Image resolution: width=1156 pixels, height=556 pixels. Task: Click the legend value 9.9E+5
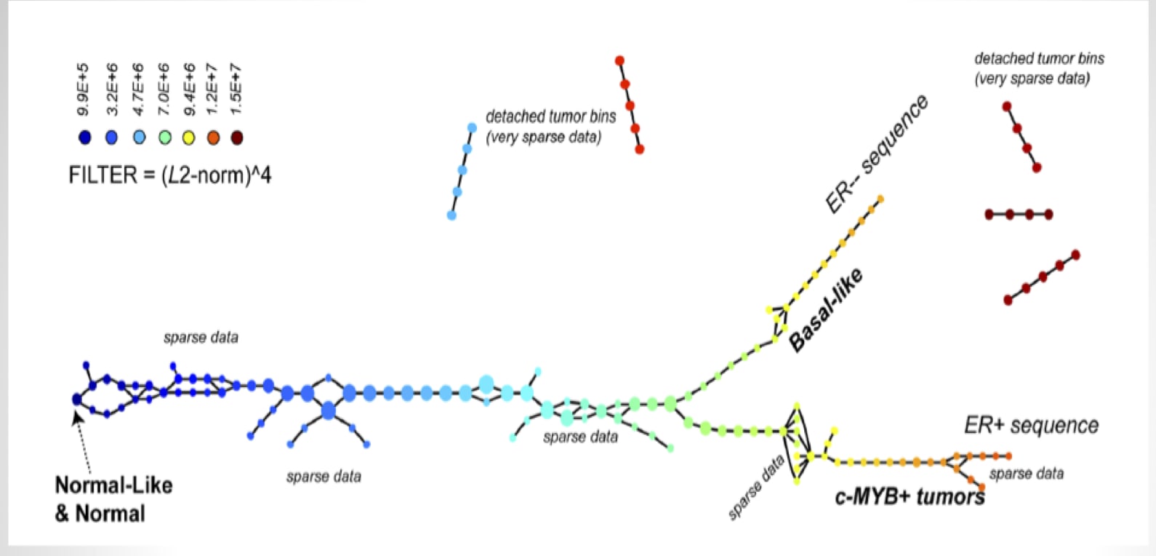84,89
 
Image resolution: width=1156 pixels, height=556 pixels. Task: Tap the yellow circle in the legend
188,138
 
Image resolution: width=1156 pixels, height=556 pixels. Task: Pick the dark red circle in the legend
236,138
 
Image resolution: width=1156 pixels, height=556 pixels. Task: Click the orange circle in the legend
213,138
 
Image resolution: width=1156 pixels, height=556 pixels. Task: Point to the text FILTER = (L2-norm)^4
170,175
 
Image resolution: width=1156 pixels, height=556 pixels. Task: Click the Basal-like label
827,309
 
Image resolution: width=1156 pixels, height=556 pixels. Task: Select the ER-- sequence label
877,154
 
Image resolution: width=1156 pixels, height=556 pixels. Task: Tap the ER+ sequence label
1031,425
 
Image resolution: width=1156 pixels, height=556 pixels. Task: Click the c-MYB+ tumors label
910,497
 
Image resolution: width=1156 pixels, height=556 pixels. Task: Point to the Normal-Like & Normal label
113,499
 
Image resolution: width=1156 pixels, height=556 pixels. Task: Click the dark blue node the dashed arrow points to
77,399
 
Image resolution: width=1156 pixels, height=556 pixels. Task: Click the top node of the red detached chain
619,61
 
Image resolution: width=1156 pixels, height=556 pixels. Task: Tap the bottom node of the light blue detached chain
451,215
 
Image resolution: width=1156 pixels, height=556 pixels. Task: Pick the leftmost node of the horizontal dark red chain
990,215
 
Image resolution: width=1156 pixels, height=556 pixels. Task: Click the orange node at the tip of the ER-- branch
880,199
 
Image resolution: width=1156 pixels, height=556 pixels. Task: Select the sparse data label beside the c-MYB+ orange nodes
1026,474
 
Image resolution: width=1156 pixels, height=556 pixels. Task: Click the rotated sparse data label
757,487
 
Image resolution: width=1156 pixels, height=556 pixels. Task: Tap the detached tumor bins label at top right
1038,68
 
